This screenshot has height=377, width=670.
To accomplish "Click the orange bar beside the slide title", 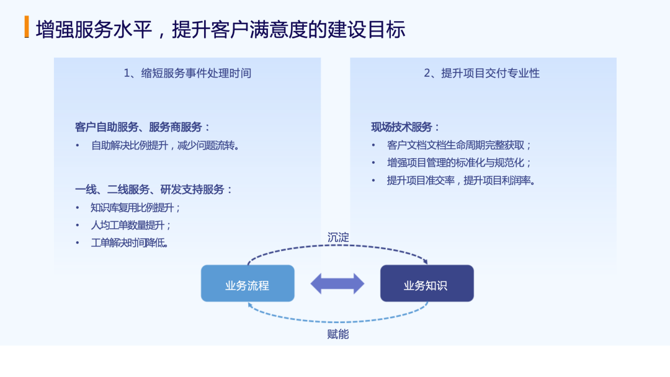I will pyautogui.click(x=27, y=27).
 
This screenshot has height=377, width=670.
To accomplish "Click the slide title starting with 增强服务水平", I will pyautogui.click(x=220, y=29).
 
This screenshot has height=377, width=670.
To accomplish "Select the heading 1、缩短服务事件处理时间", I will pyautogui.click(x=187, y=73).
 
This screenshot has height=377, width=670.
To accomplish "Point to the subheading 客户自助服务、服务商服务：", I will pyautogui.click(x=143, y=127).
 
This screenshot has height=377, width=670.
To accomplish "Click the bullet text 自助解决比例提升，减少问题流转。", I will pyautogui.click(x=165, y=146).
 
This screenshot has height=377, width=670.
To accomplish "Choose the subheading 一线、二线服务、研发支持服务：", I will pyautogui.click(x=154, y=190).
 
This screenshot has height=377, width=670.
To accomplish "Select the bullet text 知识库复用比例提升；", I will pyautogui.click(x=135, y=208).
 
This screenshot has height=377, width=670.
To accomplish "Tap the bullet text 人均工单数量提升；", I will pyautogui.click(x=131, y=225).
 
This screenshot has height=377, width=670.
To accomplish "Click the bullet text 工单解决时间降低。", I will pyautogui.click(x=130, y=242).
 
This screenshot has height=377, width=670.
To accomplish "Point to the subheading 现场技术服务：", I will pyautogui.click(x=406, y=127).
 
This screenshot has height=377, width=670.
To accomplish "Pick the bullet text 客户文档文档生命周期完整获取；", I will pyautogui.click(x=459, y=146).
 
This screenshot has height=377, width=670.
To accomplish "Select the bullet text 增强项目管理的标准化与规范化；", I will pyautogui.click(x=459, y=163).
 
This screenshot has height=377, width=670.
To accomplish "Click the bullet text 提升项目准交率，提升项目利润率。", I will pyautogui.click(x=461, y=180).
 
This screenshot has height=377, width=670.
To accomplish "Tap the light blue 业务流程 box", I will pyautogui.click(x=248, y=284).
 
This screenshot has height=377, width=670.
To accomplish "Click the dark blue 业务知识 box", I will pyautogui.click(x=427, y=284).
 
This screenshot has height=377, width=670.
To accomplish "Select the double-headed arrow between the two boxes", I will pyautogui.click(x=337, y=283).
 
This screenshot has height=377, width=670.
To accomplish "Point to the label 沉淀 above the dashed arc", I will pyautogui.click(x=338, y=237).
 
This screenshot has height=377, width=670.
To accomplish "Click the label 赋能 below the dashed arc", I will pyautogui.click(x=338, y=334).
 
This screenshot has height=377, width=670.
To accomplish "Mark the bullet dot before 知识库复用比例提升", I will pyautogui.click(x=78, y=208).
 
